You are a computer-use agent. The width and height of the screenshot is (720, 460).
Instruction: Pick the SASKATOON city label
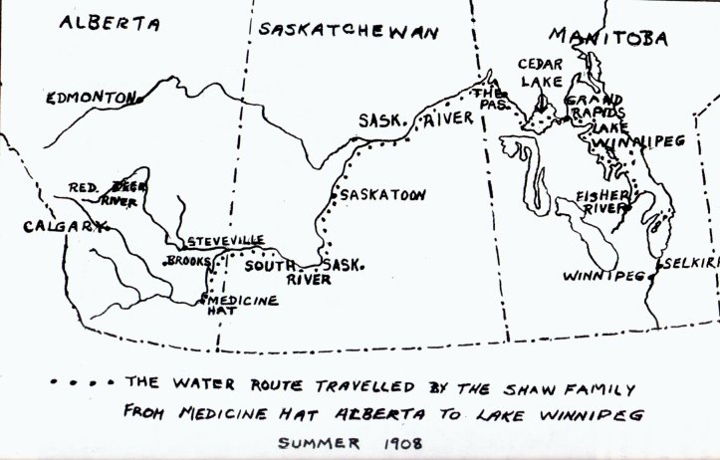point(382,195)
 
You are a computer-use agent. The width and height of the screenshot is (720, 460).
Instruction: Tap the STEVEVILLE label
point(227,241)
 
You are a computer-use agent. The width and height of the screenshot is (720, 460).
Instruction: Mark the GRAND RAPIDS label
point(596,107)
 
